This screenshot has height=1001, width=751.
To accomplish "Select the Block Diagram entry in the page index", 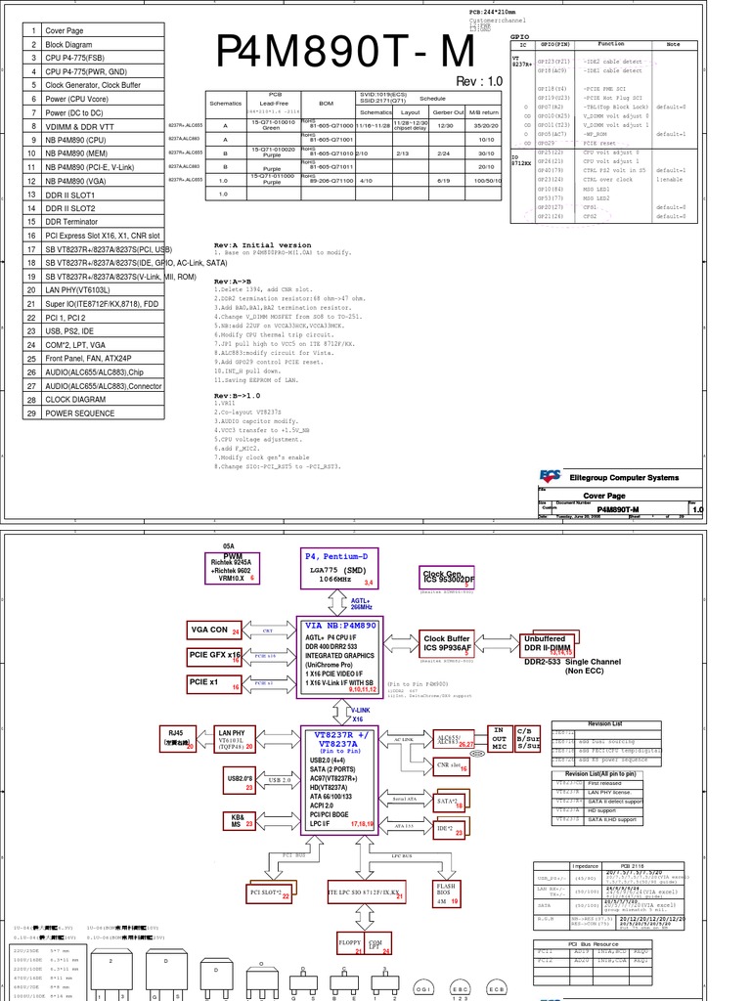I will (x=69, y=45).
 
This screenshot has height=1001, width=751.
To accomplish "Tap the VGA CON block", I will (x=209, y=631).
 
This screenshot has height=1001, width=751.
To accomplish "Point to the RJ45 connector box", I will (x=177, y=739).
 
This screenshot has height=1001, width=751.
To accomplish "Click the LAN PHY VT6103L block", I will (x=236, y=739).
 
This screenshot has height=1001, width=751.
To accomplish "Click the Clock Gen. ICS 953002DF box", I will (x=449, y=578).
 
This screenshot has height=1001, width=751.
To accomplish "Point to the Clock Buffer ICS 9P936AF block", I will (x=447, y=642).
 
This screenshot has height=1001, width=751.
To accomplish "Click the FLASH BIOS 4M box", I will (x=445, y=893).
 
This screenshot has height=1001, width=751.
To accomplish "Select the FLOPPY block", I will (x=349, y=944).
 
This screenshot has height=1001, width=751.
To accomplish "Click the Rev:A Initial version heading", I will (x=262, y=244).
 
